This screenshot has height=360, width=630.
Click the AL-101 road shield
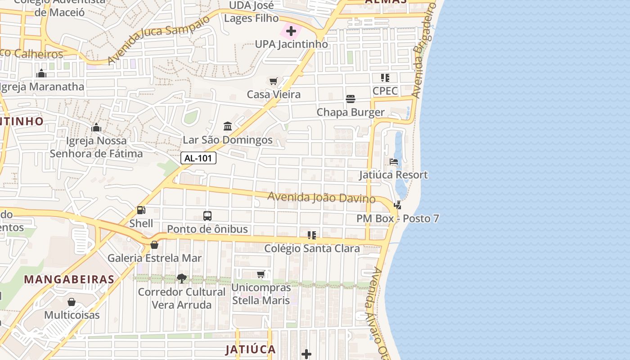coord(198,158)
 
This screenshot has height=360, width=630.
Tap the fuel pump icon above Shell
coord(141,210)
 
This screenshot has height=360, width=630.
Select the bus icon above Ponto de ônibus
coord(207,216)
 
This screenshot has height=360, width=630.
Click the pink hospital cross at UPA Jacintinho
coord(291,31)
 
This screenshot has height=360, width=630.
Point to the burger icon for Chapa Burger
coord(351,99)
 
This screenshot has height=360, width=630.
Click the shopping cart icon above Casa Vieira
coord(273,81)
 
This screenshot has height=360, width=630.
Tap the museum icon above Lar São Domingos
coord(228,126)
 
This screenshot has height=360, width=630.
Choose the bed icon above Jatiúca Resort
coord(394,162)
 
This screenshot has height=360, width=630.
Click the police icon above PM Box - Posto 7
coord(397,206)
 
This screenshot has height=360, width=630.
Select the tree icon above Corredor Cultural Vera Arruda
coord(181,279)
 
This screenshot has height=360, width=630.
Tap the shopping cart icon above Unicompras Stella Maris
coord(261,274)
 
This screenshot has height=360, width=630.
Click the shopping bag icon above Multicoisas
coord(72,301)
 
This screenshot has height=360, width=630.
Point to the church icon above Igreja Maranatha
coord(41,73)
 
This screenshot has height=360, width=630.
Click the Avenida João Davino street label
coord(321,198)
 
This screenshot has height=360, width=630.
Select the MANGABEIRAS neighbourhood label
coord(69,279)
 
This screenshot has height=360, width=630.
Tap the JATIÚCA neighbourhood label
coord(250,349)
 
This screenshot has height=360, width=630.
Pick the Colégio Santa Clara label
coord(312,248)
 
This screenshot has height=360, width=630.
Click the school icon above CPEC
coord(385,78)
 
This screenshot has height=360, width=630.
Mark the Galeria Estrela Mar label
coord(154,258)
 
